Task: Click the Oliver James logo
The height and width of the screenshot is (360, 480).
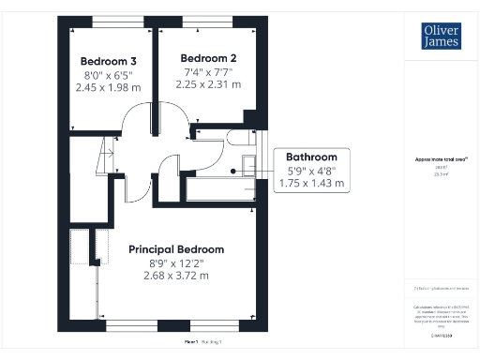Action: pos(442,36)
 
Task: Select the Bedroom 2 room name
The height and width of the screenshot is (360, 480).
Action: pos(207,57)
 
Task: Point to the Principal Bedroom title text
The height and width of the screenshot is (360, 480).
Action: pos(176,249)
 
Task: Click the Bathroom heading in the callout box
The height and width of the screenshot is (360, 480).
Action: pos(311,157)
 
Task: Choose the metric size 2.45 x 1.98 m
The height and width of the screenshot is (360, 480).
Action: pos(109,87)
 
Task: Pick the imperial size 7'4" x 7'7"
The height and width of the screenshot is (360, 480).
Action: pos(207,71)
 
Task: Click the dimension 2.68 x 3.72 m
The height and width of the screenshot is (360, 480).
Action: pos(176,276)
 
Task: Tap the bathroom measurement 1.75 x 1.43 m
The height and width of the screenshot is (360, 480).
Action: pos(311,184)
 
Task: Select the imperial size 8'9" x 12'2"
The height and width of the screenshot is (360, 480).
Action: pos(176,262)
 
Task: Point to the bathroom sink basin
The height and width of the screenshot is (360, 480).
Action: pos(248,166)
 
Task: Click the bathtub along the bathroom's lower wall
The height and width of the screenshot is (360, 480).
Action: pos(221,188)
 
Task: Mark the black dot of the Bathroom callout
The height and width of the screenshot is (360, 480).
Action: pos(233,171)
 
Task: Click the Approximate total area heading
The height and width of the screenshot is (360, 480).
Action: pos(441,160)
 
